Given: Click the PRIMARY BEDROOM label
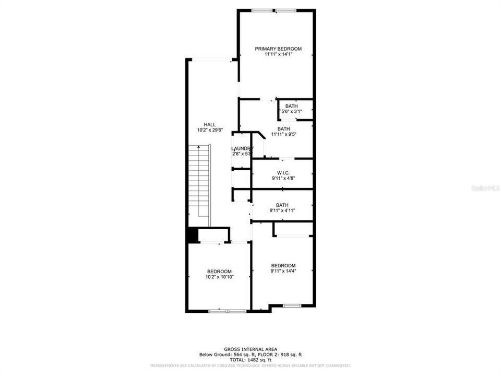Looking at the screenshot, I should coord(278,49).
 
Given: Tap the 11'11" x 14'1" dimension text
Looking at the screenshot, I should coord(278,54).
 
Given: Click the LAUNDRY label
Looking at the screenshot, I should coord(242,148).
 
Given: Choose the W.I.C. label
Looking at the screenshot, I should coord(283,173).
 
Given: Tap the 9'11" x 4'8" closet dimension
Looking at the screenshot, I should coord(283,179).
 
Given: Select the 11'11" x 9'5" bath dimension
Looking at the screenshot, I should coord(283,134).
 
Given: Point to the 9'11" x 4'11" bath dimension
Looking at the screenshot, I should coord(282,211).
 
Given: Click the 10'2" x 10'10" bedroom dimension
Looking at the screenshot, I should coord(219,277).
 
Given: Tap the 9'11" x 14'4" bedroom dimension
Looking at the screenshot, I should coord(283,271).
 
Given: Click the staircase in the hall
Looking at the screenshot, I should coord(199,185).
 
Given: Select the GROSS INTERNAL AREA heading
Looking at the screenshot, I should coord(250,349).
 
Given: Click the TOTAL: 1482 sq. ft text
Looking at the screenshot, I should coord(250,360).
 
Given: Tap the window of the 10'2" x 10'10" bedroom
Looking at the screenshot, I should coord(227,311).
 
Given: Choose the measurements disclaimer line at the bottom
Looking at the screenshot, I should coord(250,366).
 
